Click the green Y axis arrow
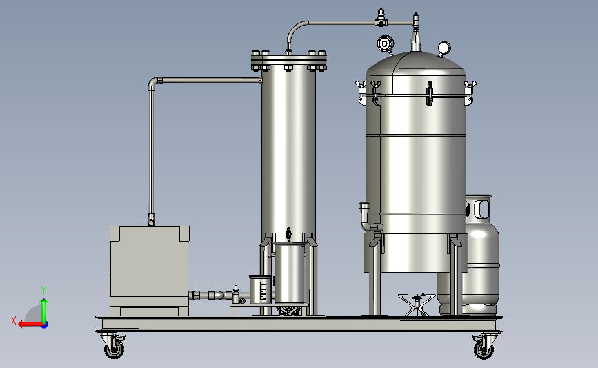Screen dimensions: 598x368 pyautogui.click(x=44, y=309)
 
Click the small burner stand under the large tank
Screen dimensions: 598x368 pyautogui.click(x=417, y=304)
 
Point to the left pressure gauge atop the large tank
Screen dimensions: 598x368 pyautogui.click(x=385, y=44)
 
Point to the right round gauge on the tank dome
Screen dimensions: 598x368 pyautogui.click(x=444, y=49)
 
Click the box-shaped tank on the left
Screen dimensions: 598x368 pyautogui.click(x=150, y=270)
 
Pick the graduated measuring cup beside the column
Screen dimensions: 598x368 pyautogui.click(x=261, y=290)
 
